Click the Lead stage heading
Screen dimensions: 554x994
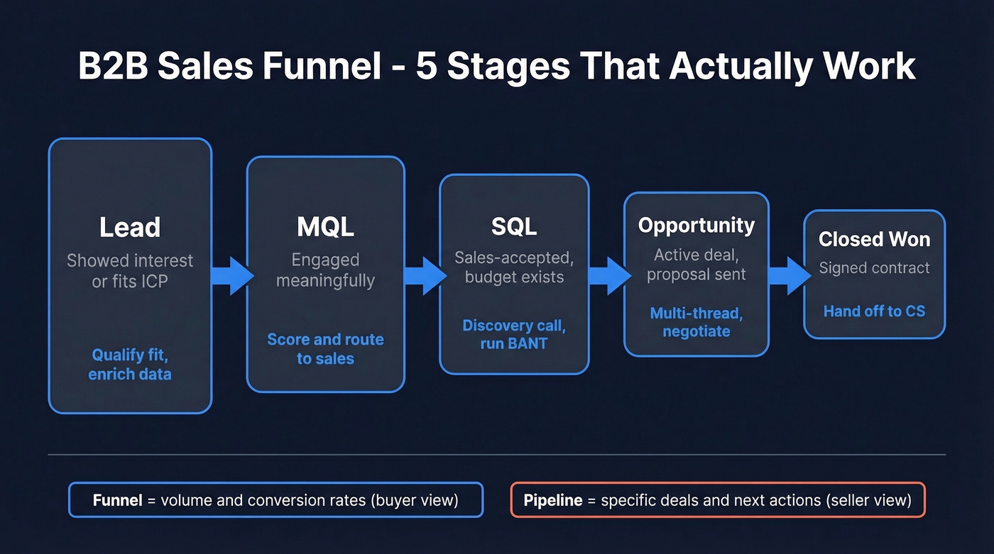(x=130, y=228)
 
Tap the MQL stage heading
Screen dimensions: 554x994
(x=325, y=228)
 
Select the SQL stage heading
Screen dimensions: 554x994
(x=514, y=226)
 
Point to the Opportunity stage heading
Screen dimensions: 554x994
(x=696, y=226)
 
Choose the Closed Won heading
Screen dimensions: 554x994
(x=874, y=240)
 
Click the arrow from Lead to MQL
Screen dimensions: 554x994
(x=232, y=275)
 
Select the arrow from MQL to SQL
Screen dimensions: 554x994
(x=425, y=275)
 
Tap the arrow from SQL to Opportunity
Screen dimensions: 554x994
(x=608, y=275)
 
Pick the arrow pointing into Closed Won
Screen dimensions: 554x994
(x=789, y=275)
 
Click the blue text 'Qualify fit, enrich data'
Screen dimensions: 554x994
(x=130, y=365)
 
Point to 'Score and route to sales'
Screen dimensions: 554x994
(x=325, y=349)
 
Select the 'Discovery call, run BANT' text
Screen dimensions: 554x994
(x=514, y=335)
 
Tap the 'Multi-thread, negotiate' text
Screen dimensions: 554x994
(x=696, y=322)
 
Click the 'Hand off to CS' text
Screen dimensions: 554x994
(x=874, y=311)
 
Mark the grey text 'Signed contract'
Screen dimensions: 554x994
(x=874, y=268)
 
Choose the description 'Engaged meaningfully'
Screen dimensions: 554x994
(x=325, y=270)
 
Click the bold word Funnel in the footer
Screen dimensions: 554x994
(x=117, y=501)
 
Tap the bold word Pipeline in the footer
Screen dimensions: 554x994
(x=553, y=501)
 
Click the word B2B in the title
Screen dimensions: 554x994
(x=112, y=66)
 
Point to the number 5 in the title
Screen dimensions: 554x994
(x=426, y=66)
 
